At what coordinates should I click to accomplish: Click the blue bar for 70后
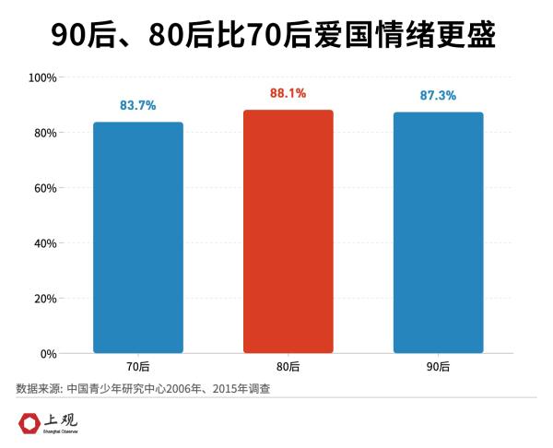138,237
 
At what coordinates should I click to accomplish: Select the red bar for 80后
288,231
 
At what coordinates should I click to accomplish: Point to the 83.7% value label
138,105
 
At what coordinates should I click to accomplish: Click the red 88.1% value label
288,93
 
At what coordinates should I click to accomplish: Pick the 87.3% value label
438,96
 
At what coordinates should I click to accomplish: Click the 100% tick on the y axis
43,77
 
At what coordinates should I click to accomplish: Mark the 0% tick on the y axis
49,354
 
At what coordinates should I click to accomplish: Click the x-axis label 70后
138,367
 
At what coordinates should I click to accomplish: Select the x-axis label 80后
288,367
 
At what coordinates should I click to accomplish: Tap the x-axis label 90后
438,367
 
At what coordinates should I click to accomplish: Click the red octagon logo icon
29,423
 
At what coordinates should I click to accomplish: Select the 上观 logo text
63,419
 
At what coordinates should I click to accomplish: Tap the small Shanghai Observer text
62,431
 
